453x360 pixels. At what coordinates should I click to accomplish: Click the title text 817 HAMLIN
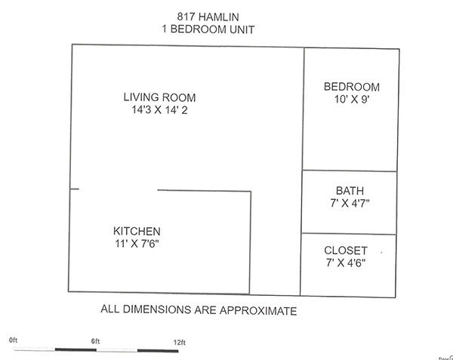click(208, 17)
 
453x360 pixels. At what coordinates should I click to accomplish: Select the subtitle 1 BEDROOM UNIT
click(208, 29)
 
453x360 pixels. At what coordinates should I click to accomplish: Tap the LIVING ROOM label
click(159, 97)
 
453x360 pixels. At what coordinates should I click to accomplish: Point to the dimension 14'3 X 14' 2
click(159, 110)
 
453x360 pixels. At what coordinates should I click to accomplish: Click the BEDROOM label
click(352, 87)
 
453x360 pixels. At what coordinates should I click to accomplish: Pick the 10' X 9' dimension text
click(352, 100)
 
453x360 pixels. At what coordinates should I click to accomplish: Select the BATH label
click(350, 191)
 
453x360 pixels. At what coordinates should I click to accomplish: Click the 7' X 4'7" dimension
click(350, 203)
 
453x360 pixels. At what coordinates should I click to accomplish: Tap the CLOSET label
click(346, 251)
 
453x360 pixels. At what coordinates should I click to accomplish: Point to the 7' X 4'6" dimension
click(346, 263)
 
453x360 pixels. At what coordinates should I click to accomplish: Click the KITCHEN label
click(137, 231)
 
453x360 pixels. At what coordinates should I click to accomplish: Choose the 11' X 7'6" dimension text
click(137, 244)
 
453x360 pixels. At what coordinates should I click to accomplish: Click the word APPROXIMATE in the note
click(258, 311)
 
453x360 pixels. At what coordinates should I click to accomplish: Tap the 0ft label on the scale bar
click(14, 340)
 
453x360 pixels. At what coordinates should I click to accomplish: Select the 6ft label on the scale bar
click(96, 341)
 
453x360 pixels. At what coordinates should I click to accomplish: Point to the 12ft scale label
click(180, 343)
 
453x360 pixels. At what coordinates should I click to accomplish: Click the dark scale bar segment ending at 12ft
click(158, 351)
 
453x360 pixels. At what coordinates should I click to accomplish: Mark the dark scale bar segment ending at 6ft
click(75, 349)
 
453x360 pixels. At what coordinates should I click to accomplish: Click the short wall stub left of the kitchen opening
click(74, 189)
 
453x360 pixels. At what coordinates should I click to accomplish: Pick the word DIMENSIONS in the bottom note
click(157, 309)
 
